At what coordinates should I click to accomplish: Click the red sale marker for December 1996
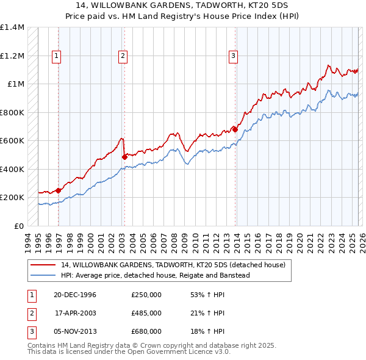point(59,190)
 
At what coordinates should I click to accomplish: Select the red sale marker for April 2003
point(124,157)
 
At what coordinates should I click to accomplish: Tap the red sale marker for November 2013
point(235,129)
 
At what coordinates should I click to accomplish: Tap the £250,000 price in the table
point(146,295)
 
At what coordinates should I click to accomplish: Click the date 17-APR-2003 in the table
point(74,313)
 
